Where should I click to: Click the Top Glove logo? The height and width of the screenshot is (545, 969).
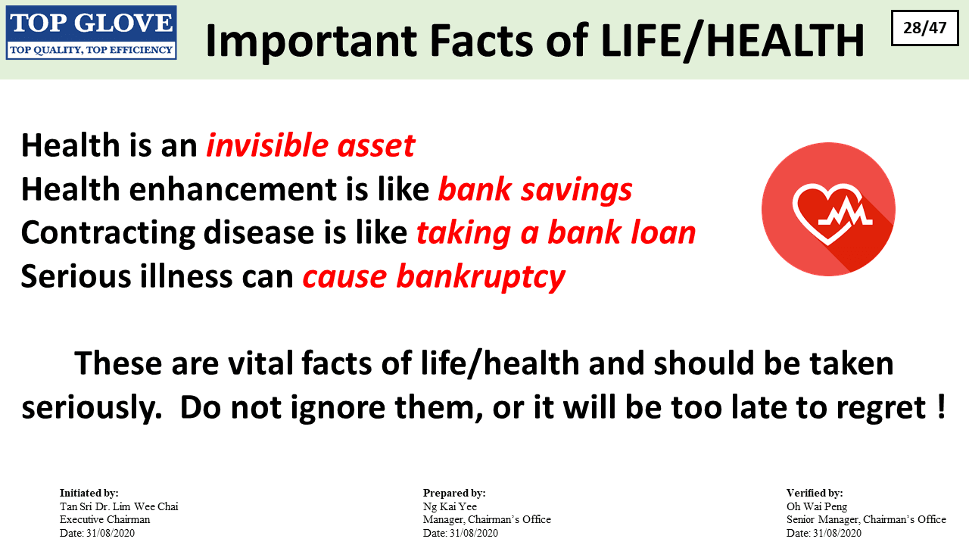[92, 33]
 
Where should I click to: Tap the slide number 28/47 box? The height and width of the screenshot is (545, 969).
[925, 28]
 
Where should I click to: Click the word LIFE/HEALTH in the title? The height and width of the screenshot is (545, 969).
[732, 41]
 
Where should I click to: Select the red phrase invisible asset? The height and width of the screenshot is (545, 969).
[310, 145]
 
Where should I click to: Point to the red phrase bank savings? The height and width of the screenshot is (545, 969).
[535, 189]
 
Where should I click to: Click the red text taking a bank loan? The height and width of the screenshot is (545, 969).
[556, 233]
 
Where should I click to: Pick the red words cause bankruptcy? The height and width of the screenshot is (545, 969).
[434, 277]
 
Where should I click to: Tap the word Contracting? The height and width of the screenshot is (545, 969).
[107, 233]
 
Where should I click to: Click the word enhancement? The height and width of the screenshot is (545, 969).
[232, 189]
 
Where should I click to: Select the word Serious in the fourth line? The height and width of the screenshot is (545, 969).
[75, 276]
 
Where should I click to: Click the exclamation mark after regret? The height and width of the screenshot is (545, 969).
[941, 406]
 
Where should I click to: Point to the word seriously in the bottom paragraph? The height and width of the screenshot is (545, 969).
[92, 408]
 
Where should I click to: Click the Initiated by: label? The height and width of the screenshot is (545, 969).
[89, 493]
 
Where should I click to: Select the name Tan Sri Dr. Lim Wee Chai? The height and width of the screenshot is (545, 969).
[119, 506]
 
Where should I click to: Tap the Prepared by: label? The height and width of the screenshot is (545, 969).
[454, 493]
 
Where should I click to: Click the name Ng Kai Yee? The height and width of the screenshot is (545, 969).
[450, 506]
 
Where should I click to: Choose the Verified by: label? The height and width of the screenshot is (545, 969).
[815, 493]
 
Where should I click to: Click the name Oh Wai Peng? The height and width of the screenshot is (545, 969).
[817, 506]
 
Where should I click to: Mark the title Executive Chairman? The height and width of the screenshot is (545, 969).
[104, 519]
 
